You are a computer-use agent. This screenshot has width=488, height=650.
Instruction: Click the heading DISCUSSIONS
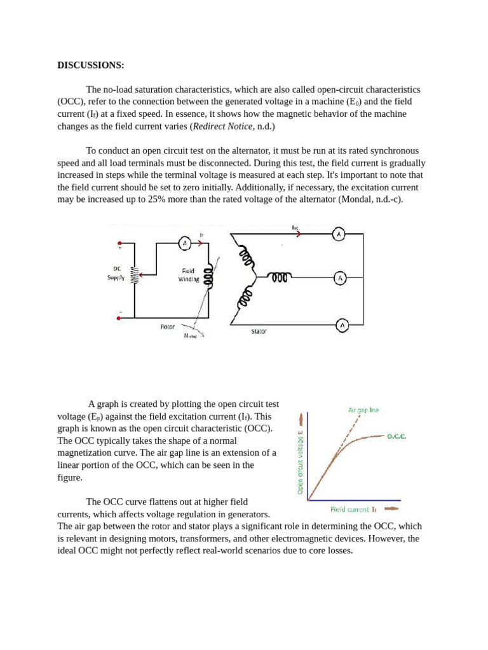(91, 65)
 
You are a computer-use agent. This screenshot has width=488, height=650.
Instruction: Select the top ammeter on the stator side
(339, 234)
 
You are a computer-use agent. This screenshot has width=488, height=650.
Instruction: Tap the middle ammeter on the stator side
(340, 278)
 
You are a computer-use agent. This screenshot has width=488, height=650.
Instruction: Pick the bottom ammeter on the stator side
(341, 325)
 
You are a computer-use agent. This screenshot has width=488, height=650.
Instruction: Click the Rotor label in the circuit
(168, 327)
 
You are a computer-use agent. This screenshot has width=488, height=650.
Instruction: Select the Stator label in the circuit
(259, 331)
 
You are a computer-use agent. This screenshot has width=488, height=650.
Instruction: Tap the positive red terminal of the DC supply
(119, 243)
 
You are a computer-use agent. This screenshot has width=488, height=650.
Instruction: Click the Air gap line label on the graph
(363, 410)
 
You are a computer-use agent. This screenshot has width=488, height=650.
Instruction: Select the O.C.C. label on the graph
(396, 437)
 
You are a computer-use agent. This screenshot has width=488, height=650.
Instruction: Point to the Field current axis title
(354, 509)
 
